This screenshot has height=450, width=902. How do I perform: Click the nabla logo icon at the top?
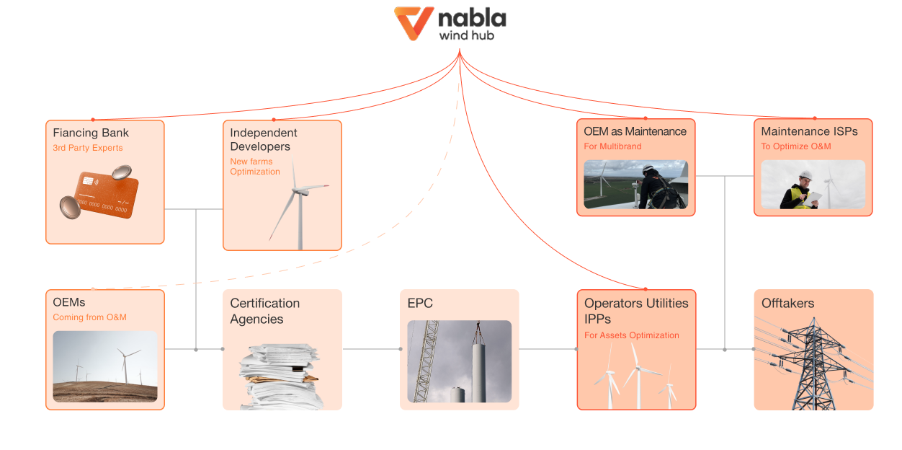click(413, 22)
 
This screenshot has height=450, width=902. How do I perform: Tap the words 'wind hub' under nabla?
click(466, 35)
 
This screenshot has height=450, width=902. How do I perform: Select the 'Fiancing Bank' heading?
click(91, 133)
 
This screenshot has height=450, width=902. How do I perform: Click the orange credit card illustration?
click(105, 192)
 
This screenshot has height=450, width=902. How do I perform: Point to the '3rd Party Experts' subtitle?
click(88, 148)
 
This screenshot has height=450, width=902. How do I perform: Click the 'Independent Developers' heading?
click(264, 139)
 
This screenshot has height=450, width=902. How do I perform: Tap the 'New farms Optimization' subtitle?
click(255, 167)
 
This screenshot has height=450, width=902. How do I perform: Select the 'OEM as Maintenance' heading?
click(635, 131)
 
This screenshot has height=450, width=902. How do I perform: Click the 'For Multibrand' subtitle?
click(612, 146)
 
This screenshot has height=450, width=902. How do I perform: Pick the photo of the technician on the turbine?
click(635, 185)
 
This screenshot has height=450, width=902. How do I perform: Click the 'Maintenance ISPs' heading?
click(809, 131)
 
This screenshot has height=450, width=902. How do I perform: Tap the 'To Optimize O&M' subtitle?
click(796, 146)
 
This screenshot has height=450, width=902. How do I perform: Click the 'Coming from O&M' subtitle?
click(90, 317)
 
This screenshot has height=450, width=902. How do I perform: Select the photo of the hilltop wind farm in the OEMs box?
click(105, 366)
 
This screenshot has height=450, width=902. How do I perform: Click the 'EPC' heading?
click(420, 304)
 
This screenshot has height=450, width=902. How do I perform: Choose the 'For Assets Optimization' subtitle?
click(632, 335)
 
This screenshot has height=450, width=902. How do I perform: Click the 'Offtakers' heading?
click(788, 304)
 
